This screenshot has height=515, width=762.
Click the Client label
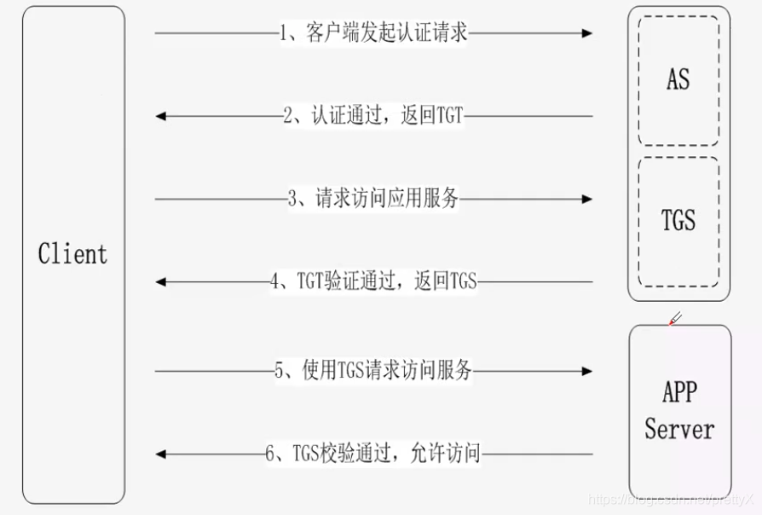[72, 254]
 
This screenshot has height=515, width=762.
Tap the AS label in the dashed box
[678, 79]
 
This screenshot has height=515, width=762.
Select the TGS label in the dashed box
[678, 220]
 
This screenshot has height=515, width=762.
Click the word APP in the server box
[679, 391]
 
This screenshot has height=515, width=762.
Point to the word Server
[679, 429]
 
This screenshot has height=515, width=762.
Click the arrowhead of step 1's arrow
[587, 33]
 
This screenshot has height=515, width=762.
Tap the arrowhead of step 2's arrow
[161, 116]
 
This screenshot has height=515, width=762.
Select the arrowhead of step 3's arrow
[587, 199]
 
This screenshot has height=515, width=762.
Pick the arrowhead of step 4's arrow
[161, 281]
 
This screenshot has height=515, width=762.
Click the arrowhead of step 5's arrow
[587, 371]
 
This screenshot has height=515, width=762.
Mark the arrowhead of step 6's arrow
[161, 454]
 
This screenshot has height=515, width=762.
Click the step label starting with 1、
[373, 32]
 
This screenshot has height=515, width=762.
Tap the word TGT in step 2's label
[449, 116]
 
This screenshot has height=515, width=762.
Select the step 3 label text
[373, 199]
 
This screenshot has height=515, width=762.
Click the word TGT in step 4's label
[310, 281]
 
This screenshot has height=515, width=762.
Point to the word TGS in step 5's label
[350, 371]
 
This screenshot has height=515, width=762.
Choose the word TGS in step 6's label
[307, 454]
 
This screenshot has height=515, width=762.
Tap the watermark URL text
[671, 500]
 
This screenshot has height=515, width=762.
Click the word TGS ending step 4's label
[463, 281]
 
